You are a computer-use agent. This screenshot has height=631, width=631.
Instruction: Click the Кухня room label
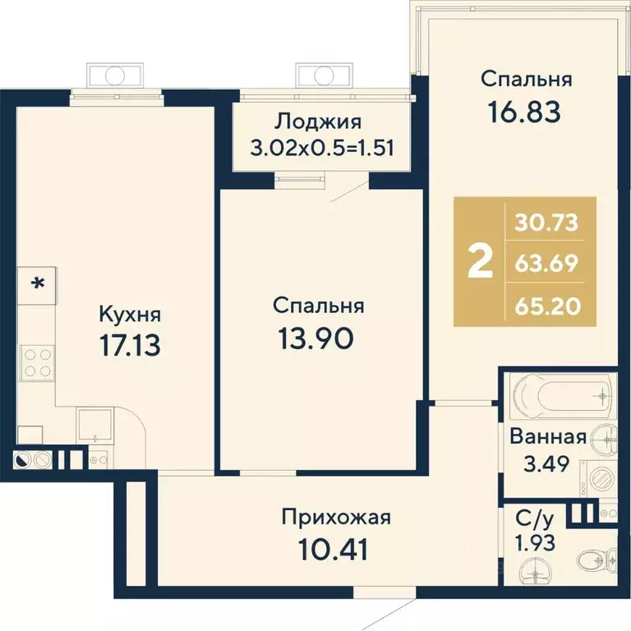coord(130,315)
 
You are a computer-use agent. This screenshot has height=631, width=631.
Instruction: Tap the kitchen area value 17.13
coord(130,346)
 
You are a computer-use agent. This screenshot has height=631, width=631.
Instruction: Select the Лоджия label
coord(318,122)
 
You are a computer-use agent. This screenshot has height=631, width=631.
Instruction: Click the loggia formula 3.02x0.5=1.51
coord(322,148)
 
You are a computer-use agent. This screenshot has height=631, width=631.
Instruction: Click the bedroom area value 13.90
coord(315,339)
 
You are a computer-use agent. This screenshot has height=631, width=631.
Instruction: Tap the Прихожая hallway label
coord(336,517)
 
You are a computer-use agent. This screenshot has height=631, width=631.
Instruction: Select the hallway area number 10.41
coord(334,550)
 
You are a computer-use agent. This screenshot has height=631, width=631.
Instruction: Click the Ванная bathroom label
coord(548,437)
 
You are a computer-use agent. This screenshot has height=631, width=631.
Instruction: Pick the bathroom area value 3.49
coord(546,464)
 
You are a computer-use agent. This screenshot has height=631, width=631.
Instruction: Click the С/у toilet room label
coord(534,521)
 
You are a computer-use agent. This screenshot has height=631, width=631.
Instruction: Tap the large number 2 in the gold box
coord(480,262)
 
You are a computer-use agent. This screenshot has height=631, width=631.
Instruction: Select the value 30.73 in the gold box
coord(546,223)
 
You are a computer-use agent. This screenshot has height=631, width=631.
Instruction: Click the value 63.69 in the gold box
coord(546,264)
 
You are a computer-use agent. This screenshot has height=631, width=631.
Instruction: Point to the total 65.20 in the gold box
coord(548,306)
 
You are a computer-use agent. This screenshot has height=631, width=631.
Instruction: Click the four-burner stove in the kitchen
coord(37,362)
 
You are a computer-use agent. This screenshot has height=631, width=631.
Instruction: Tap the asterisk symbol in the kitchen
coord(39,283)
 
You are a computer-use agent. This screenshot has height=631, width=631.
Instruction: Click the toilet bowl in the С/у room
coord(596,559)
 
